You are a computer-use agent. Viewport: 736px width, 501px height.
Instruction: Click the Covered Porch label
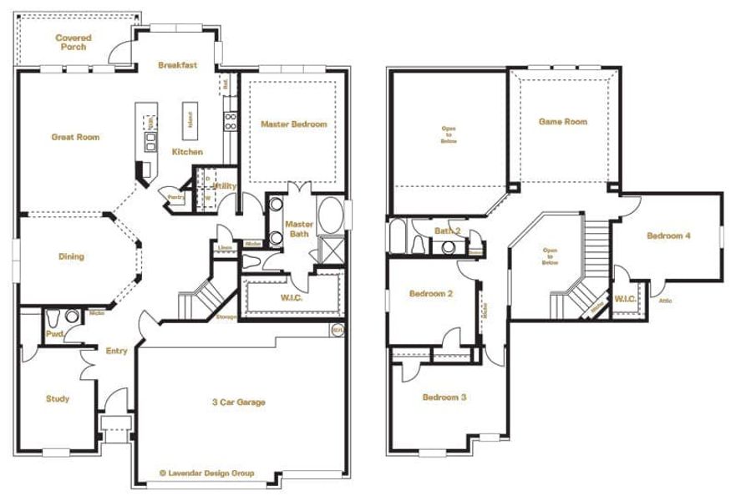pos(74,42)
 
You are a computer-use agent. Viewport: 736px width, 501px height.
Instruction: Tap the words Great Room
pos(75,137)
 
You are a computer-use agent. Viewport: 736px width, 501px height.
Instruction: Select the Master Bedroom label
pos(293,124)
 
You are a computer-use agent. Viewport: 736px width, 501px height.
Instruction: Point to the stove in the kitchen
pos(230,121)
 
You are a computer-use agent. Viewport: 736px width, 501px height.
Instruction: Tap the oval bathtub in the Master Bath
pos(330,213)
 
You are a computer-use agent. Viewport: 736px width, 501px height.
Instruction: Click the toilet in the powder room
pos(53,318)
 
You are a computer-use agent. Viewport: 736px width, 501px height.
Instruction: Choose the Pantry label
pos(175,197)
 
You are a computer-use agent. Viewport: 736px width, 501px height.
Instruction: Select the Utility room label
pos(225,186)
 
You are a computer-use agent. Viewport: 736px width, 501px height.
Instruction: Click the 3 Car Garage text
pos(238,402)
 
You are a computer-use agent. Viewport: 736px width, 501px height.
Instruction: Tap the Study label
pos(58,399)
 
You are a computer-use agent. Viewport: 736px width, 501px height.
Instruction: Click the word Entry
pos(116,352)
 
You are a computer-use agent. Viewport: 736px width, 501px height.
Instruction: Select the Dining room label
pos(71,257)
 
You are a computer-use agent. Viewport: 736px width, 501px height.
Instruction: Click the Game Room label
pos(562,122)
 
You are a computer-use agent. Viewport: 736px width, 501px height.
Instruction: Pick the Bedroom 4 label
pos(668,235)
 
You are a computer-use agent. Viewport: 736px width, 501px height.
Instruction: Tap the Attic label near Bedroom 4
pos(665,301)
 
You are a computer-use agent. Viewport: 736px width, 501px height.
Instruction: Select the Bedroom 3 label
pos(444,397)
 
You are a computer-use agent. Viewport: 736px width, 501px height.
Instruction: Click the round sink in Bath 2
pos(449,247)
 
